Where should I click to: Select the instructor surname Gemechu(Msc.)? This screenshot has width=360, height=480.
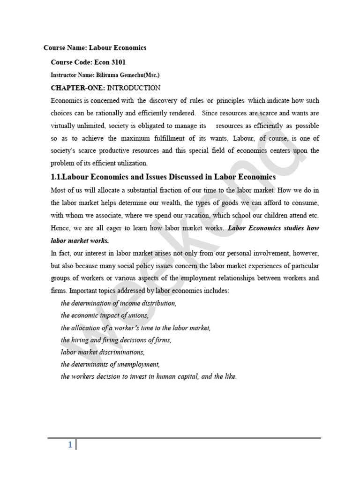(139, 75)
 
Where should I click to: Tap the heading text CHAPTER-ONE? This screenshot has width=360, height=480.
(78, 88)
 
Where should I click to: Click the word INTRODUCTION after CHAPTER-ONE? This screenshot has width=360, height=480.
(134, 88)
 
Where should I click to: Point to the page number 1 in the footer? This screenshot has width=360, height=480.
(70, 445)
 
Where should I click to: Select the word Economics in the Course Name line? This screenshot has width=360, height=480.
(130, 48)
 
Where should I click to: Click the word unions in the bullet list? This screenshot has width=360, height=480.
(138, 315)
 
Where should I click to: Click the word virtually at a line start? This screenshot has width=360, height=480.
(63, 126)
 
